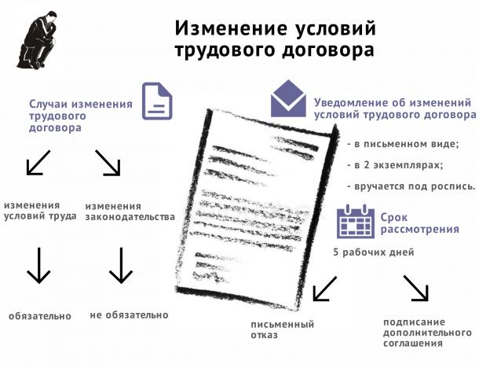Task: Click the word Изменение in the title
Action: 231,29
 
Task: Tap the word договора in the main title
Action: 327,50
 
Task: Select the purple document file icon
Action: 157,101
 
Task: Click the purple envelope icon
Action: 288,98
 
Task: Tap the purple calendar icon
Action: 356,221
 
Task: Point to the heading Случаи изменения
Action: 81,104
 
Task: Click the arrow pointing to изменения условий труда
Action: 38,163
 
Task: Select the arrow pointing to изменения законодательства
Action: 108,163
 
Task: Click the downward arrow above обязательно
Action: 38,266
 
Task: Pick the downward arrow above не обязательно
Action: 121,266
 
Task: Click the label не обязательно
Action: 129,315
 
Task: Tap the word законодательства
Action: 130,217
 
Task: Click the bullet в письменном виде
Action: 404,144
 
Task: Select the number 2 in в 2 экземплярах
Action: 367,165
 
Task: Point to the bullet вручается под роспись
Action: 411,186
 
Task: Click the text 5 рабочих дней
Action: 374,252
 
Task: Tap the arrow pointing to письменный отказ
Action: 325,289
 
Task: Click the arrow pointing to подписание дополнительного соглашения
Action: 415,288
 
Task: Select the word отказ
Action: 265,335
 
